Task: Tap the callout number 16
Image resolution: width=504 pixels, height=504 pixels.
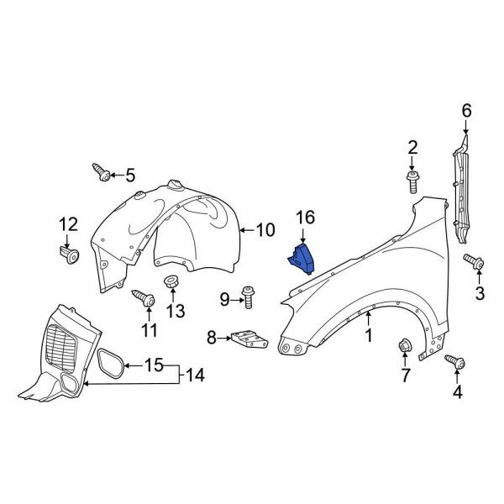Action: [305, 218]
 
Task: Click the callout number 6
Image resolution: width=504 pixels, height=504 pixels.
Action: [466, 110]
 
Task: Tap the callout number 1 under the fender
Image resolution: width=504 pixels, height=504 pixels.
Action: [368, 336]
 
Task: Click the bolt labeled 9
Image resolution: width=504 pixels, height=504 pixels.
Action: [249, 295]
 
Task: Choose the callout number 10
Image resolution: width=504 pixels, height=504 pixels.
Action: [265, 228]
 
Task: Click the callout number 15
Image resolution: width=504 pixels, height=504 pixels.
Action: [154, 365]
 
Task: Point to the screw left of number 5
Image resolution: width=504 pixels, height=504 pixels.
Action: [102, 173]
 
